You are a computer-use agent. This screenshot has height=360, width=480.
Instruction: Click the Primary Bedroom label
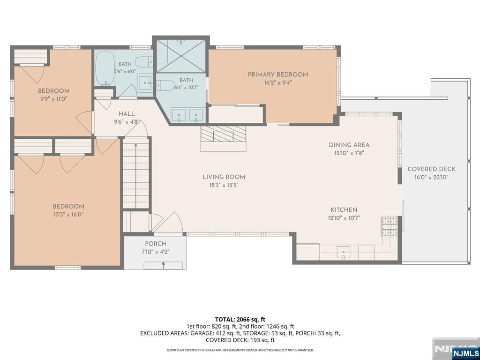point(277,75)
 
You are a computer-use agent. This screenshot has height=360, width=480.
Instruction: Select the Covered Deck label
point(431,169)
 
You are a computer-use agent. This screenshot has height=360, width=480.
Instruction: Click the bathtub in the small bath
point(105,68)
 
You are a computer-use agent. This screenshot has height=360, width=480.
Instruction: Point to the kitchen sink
point(344,252)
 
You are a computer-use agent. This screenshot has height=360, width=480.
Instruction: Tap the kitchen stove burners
point(389,226)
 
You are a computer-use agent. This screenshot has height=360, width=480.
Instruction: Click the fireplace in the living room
point(224,134)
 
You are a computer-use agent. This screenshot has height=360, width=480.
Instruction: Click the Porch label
point(156,244)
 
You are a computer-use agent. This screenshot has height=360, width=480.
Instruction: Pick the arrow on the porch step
point(163,265)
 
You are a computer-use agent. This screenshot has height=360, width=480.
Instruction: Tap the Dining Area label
point(349,145)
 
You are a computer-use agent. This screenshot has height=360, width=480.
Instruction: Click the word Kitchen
point(344,210)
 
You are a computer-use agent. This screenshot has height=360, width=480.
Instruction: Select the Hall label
point(127,113)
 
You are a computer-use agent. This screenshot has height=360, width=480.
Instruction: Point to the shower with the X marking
point(181,55)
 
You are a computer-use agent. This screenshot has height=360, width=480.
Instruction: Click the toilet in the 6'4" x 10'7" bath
point(164,85)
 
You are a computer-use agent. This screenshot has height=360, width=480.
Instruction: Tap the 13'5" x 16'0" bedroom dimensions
point(68,214)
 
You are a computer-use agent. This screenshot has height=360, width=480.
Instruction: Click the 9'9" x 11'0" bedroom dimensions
point(53,98)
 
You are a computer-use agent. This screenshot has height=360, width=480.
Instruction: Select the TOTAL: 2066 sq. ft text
point(240,320)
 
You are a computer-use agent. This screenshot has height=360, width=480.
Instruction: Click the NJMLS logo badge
point(465,352)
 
